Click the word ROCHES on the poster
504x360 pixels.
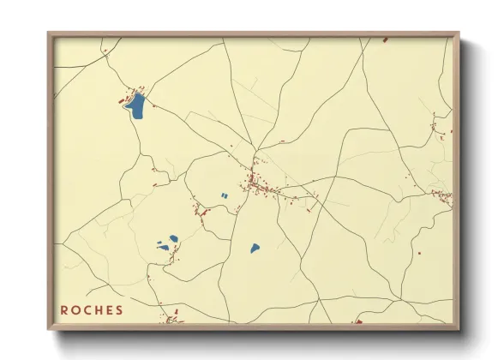point(92,310)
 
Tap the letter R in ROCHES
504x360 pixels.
point(65,310)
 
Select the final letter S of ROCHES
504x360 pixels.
point(119,310)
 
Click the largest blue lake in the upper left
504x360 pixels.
point(135,106)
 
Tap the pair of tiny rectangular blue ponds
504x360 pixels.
point(225,196)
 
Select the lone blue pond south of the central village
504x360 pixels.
point(255,249)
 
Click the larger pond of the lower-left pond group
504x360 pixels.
point(174,239)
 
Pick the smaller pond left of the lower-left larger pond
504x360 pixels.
point(161,248)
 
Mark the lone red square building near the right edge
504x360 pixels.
point(419,254)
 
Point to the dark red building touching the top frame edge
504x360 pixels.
point(385,39)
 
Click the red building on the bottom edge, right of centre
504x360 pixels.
point(357,322)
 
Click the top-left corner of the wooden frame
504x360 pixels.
point(49,33)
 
